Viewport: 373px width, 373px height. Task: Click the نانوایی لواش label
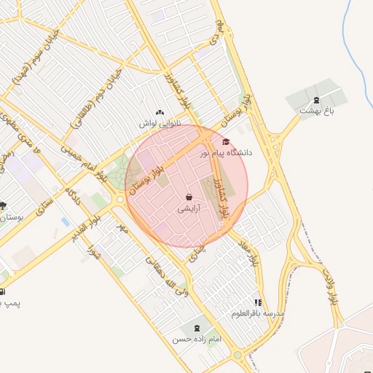[159, 124]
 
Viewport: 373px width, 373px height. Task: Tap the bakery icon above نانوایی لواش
[160, 112]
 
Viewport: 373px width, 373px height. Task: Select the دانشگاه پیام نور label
[229, 152]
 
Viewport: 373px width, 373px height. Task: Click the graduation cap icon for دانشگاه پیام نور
[226, 141]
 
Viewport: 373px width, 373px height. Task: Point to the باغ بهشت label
[315, 110]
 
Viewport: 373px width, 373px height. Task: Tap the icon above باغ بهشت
[315, 100]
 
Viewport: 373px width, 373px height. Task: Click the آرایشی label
[189, 208]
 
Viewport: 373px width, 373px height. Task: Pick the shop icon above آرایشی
[189, 197]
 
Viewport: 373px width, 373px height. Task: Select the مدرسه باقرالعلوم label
[258, 313]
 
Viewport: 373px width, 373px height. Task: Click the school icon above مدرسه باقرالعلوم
[257, 302]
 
